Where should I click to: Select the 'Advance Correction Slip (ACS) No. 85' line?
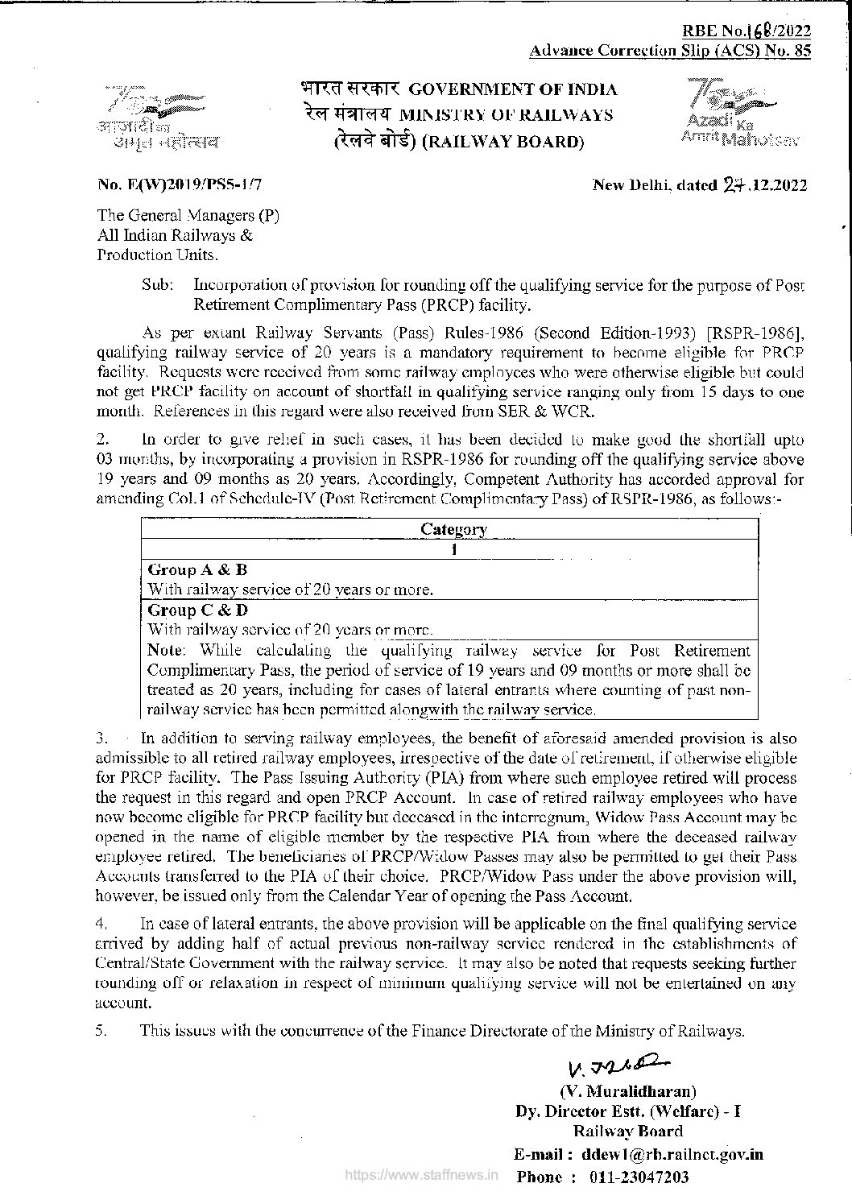click(670, 51)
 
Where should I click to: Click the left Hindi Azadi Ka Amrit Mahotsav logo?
click(155, 118)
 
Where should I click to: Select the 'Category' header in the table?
click(453, 529)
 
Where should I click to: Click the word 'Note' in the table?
click(167, 650)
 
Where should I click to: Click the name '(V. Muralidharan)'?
click(628, 1092)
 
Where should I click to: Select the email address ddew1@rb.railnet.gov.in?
click(672, 1154)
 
